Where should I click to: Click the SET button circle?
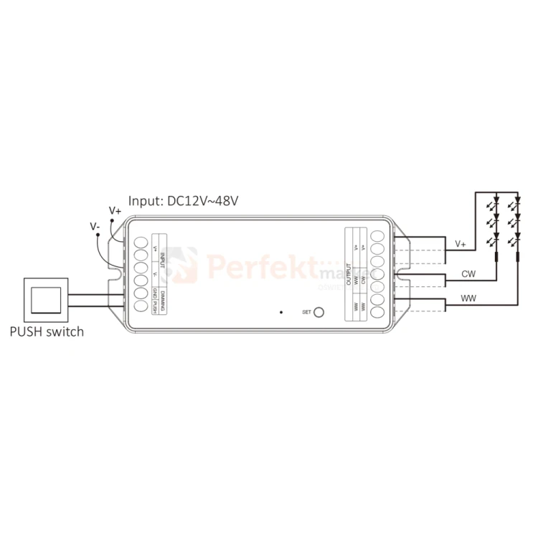point(319,312)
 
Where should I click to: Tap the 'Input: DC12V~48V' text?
point(182,201)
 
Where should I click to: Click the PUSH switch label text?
point(47,332)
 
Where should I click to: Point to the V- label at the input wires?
point(95,226)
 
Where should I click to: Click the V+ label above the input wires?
point(115,211)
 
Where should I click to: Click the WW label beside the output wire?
point(468,298)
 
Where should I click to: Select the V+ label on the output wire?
point(461,245)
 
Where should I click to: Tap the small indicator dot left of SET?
point(281,312)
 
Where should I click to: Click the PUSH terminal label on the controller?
point(155,308)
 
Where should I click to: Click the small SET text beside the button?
point(307,312)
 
